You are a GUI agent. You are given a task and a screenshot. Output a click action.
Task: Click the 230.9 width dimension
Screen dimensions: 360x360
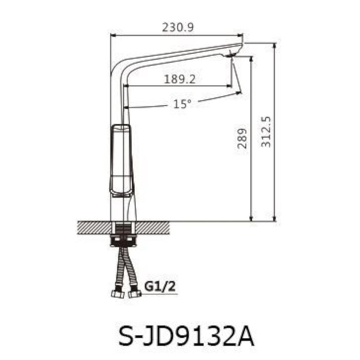tap(177, 27)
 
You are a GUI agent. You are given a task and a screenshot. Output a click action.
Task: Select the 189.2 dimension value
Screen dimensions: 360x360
tap(180, 79)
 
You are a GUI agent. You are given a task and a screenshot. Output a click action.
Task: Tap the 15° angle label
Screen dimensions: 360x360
tap(182, 104)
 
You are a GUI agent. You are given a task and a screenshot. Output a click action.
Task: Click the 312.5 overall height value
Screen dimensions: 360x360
tap(266, 131)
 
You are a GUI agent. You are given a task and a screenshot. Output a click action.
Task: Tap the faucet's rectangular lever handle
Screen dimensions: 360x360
tap(121, 160)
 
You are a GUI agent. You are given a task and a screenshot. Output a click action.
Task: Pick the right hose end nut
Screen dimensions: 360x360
tap(134, 294)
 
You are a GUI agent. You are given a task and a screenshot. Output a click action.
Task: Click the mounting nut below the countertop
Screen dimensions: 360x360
tap(123, 241)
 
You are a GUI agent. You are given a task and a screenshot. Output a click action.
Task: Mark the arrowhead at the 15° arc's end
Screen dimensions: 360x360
tap(238, 94)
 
